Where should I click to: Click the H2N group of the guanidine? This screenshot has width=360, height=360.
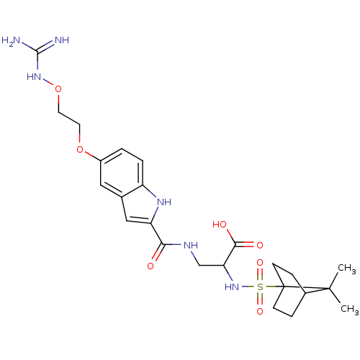[x=11, y=41]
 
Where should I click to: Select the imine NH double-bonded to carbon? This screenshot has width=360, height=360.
[x=62, y=40]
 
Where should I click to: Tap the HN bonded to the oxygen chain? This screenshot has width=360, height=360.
[x=34, y=77]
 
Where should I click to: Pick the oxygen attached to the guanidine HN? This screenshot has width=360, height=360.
[x=58, y=89]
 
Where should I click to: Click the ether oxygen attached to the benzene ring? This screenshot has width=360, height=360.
[x=80, y=150]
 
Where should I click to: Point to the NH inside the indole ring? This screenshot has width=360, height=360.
[x=164, y=202]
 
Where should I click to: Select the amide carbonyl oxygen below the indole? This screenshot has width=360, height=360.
[x=150, y=266]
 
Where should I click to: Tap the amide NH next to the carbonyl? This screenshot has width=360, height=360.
[x=191, y=245]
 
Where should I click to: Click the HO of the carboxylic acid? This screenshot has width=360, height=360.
[x=220, y=225]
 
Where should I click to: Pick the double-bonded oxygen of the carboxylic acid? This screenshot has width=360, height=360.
[x=260, y=245]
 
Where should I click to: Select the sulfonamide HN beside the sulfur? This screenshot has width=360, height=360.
[x=232, y=287]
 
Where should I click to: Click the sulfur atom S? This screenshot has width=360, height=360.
[x=260, y=287]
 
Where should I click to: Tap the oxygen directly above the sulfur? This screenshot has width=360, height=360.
[x=260, y=263]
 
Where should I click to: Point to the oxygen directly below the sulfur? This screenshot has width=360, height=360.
[x=260, y=312]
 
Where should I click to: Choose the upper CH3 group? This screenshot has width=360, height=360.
[x=347, y=269]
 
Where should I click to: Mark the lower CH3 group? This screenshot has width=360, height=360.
[x=350, y=310]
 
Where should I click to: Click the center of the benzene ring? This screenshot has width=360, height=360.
[x=122, y=173]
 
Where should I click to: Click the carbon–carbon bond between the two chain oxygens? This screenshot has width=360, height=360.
[x=69, y=118]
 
